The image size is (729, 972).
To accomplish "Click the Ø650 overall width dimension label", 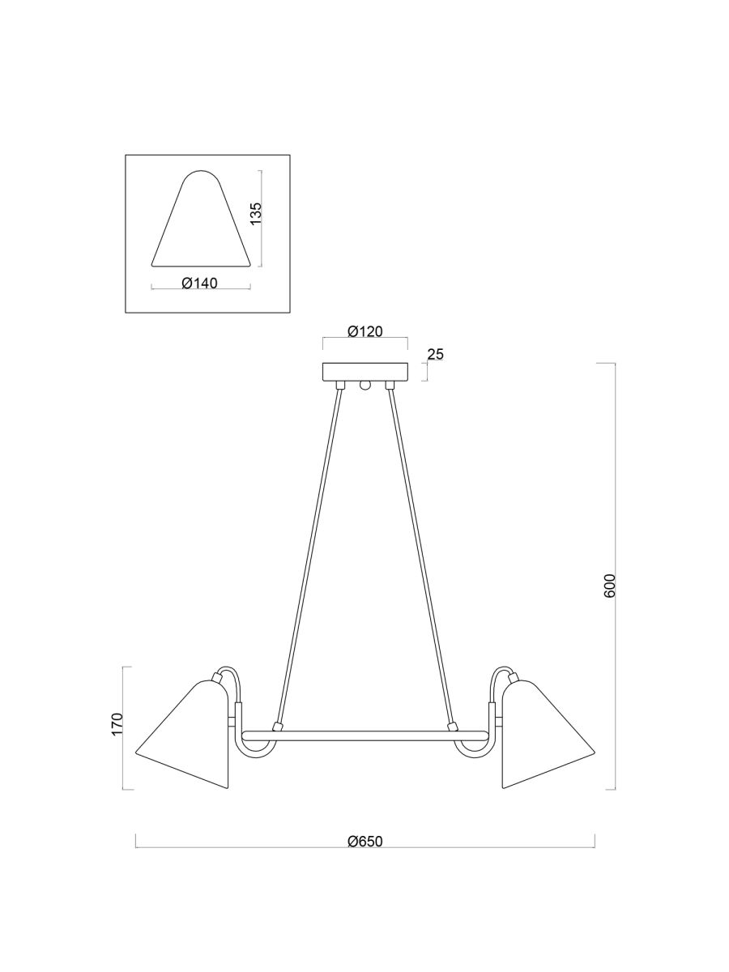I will point(364,841).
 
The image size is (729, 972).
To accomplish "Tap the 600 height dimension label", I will point(610,586).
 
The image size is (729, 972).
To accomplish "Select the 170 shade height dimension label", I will point(117,723).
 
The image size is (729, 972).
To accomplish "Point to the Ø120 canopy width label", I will point(364,331).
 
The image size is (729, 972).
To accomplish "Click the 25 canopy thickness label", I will point(436,354).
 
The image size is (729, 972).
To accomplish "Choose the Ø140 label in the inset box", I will point(199,283).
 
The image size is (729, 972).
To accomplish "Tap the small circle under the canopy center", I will point(365,386).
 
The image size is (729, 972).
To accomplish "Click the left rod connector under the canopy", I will point(341,384).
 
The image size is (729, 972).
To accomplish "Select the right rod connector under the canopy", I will point(390,384).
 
